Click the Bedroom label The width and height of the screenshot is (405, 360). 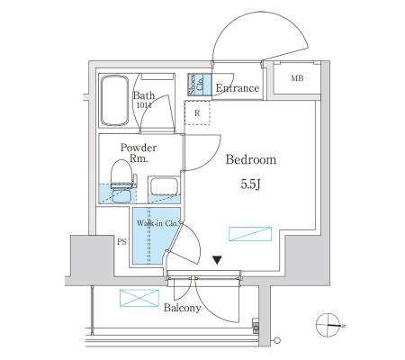[x=251, y=159]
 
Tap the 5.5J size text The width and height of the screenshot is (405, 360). [x=250, y=184]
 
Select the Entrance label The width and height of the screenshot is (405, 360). [x=238, y=88]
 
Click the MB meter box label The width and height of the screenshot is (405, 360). [x=297, y=78]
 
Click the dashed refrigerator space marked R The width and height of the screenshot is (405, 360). [x=197, y=112]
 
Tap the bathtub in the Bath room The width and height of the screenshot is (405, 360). [x=114, y=101]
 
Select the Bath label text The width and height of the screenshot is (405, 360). [x=144, y=95]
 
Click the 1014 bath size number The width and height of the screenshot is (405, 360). [x=144, y=105]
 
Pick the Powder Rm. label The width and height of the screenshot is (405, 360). [x=139, y=153]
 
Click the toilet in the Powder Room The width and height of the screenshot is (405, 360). [x=122, y=181]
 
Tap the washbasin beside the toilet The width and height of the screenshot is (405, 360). [x=164, y=186]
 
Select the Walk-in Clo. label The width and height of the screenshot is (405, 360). [x=159, y=223]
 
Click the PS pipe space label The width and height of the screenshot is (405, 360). [x=121, y=242]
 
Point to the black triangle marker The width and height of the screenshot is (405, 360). [x=217, y=260]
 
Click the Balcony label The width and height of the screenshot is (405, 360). [x=183, y=308]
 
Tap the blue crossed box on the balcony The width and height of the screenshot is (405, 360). [x=139, y=298]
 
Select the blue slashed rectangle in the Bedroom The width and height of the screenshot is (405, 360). [x=250, y=234]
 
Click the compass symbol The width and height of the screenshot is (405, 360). [x=328, y=325]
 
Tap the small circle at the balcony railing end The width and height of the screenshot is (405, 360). [x=277, y=341]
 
